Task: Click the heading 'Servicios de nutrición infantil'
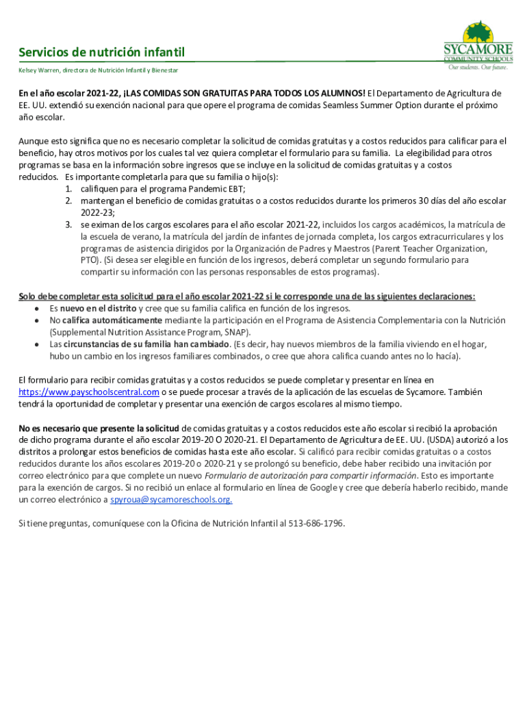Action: tap(101, 53)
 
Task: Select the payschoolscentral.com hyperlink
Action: tap(89, 392)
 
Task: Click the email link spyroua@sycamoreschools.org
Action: tap(171, 500)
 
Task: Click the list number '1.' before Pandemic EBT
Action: tap(69, 189)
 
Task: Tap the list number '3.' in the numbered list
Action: tap(69, 225)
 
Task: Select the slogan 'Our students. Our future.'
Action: tap(478, 68)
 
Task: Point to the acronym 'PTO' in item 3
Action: tap(89, 260)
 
